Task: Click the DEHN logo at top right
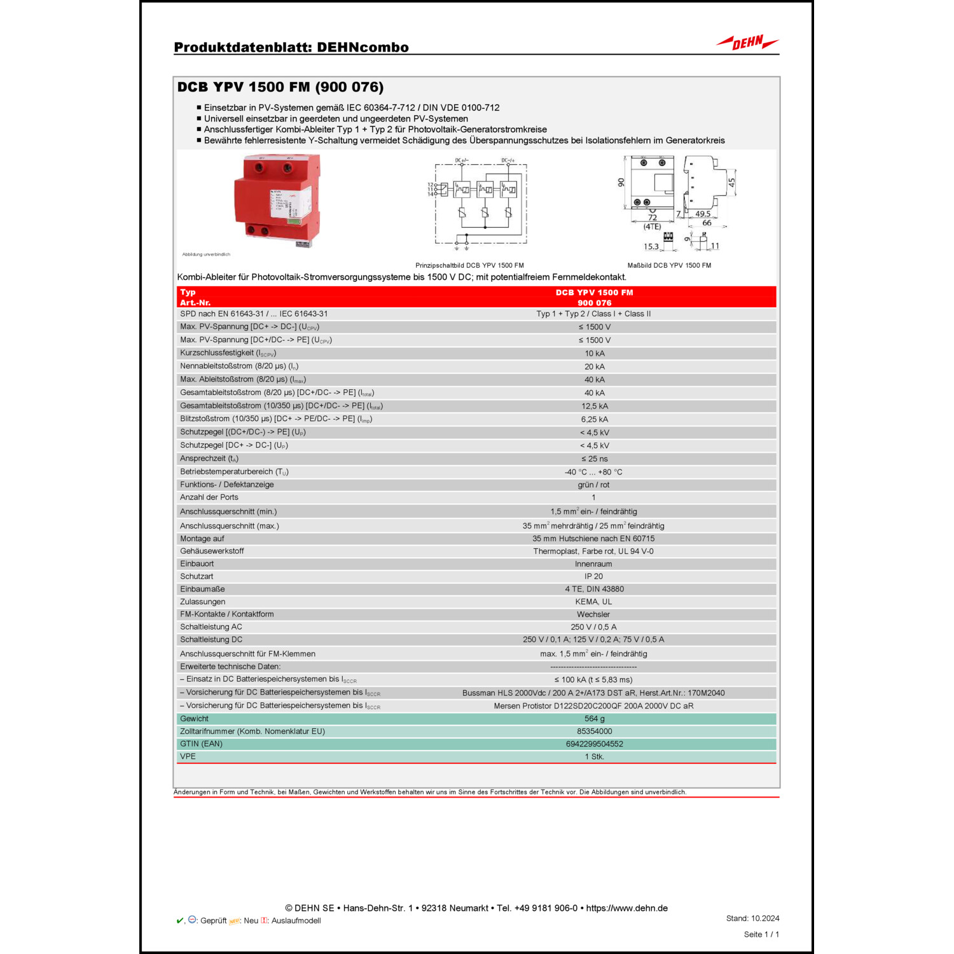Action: click(x=747, y=43)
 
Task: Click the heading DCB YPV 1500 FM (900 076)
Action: click(x=280, y=87)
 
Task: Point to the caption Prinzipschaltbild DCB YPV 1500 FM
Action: click(x=469, y=265)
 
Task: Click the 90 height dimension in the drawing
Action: click(x=621, y=183)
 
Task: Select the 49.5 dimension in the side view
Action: click(x=703, y=214)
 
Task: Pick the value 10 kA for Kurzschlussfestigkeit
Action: click(x=595, y=354)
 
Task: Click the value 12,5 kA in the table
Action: click(x=594, y=406)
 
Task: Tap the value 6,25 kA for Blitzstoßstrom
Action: click(x=594, y=420)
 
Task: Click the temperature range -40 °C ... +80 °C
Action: click(x=593, y=473)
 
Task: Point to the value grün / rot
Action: click(x=593, y=485)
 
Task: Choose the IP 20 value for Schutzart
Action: click(x=593, y=577)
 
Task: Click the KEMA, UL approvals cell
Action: click(x=593, y=602)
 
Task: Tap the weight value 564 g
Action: click(x=594, y=719)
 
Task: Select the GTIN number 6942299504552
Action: click(x=594, y=744)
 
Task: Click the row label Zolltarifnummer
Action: click(x=252, y=732)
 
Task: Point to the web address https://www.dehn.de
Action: click(x=626, y=908)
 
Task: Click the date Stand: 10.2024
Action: click(x=752, y=918)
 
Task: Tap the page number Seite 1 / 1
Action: click(x=761, y=935)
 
